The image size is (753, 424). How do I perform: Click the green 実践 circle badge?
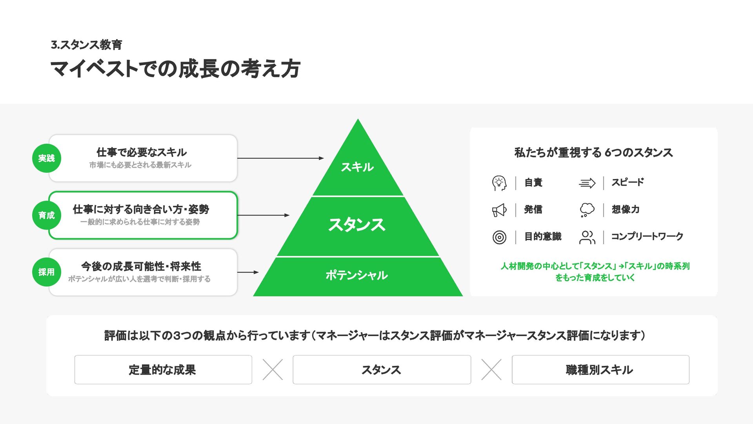point(46,158)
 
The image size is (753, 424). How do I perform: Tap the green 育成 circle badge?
point(46,215)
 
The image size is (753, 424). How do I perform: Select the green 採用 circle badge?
point(46,272)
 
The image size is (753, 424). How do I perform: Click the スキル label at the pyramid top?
point(357,167)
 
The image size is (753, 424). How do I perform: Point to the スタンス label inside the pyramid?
point(357,225)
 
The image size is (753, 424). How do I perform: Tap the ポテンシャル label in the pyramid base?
point(356,275)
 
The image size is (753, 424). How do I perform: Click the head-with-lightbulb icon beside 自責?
point(499,183)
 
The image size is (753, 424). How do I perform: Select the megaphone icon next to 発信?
point(499,210)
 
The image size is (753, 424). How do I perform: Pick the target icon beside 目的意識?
point(499,237)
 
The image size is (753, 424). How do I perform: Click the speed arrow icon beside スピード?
point(587,183)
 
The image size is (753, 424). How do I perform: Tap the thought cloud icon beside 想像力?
point(587,210)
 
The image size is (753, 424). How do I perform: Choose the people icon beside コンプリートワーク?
point(587,237)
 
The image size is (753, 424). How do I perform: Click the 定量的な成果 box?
point(163,369)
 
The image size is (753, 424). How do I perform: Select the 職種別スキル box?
point(600,369)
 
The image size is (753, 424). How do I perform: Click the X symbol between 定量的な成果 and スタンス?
point(273,369)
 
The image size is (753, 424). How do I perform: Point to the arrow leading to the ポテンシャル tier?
point(248,272)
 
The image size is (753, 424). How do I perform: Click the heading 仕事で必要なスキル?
point(142,152)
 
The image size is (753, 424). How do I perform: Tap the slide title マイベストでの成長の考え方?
point(175,69)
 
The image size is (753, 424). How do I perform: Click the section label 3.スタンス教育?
point(86,45)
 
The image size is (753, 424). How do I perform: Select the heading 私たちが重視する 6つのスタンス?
point(593,152)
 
